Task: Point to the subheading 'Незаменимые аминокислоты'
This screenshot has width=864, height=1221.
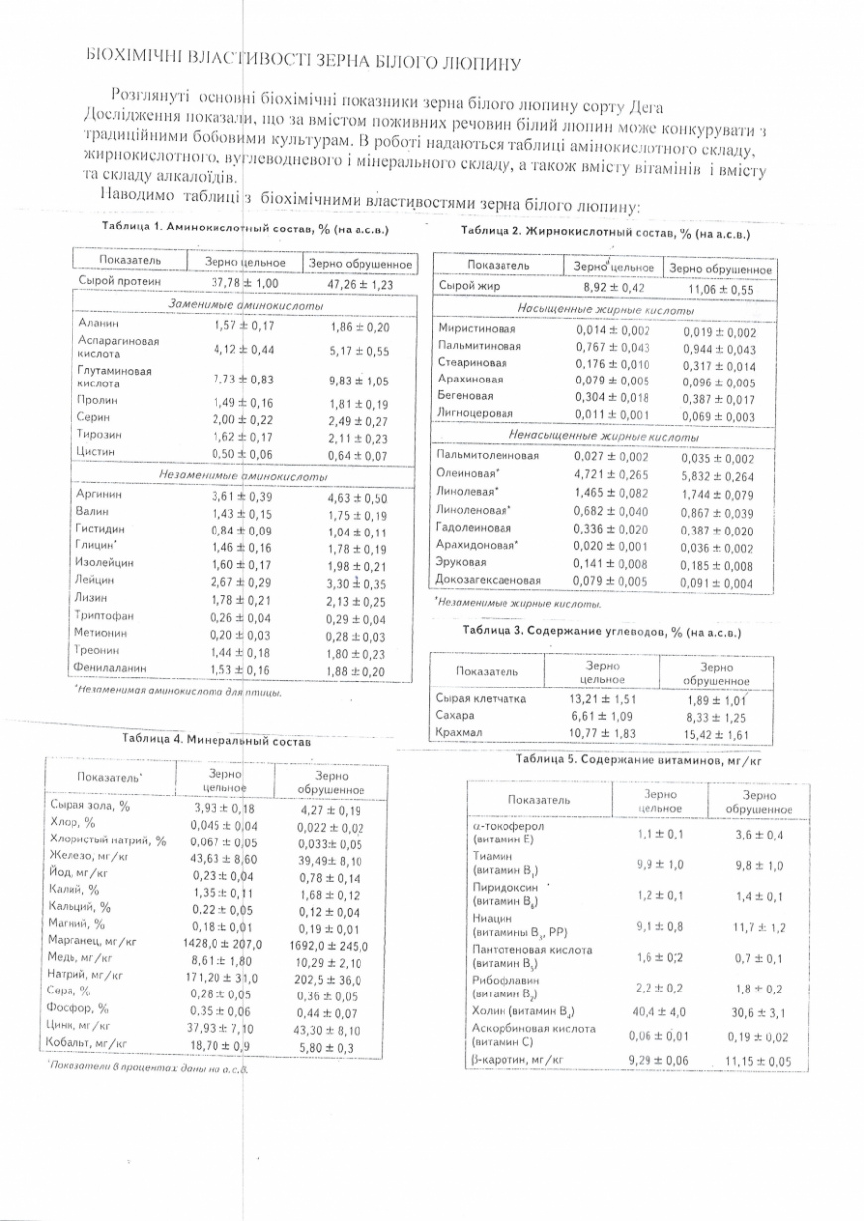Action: [243, 475]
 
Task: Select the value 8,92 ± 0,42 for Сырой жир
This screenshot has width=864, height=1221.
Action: [612, 288]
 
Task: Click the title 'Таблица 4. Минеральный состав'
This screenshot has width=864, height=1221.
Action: [216, 739]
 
